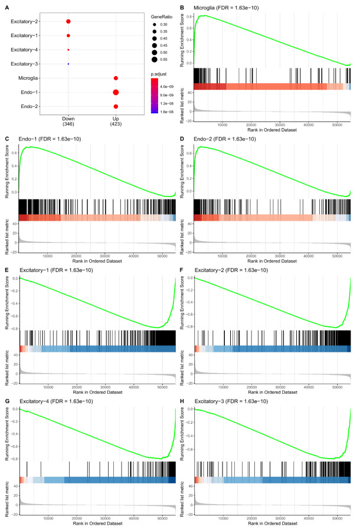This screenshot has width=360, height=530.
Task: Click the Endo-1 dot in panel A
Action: point(116,92)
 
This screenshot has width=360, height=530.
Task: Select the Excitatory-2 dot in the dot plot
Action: point(68,22)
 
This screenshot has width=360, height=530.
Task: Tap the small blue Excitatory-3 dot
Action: point(68,64)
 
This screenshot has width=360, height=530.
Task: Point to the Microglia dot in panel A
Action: point(116,78)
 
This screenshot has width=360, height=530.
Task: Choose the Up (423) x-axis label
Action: point(116,120)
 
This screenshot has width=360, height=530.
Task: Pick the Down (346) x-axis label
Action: point(68,120)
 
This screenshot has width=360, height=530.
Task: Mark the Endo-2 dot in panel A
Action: point(116,106)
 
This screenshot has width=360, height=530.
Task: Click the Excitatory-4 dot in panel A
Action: point(68,50)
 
